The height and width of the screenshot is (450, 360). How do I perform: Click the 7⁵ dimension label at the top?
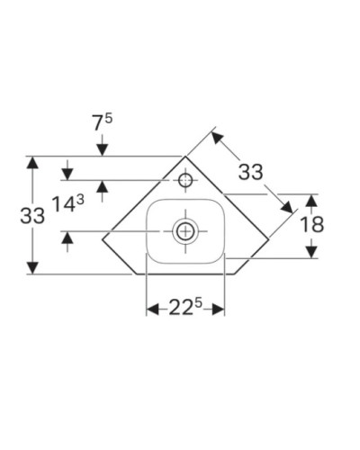tap(104, 119)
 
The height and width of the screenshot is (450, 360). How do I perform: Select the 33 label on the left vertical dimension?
tap(33, 217)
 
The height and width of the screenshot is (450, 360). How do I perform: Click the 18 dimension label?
tap(310, 224)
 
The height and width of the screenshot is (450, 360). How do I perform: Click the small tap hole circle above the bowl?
tap(185, 180)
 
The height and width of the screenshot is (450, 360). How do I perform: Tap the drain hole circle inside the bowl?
tap(185, 231)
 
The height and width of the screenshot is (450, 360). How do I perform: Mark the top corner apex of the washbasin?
tap(186, 156)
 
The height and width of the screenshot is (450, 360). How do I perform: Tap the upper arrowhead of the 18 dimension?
tap(310, 199)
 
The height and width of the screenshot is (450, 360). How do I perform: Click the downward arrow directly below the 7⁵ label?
tap(104, 148)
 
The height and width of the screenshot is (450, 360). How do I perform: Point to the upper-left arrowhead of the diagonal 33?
tap(216, 137)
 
